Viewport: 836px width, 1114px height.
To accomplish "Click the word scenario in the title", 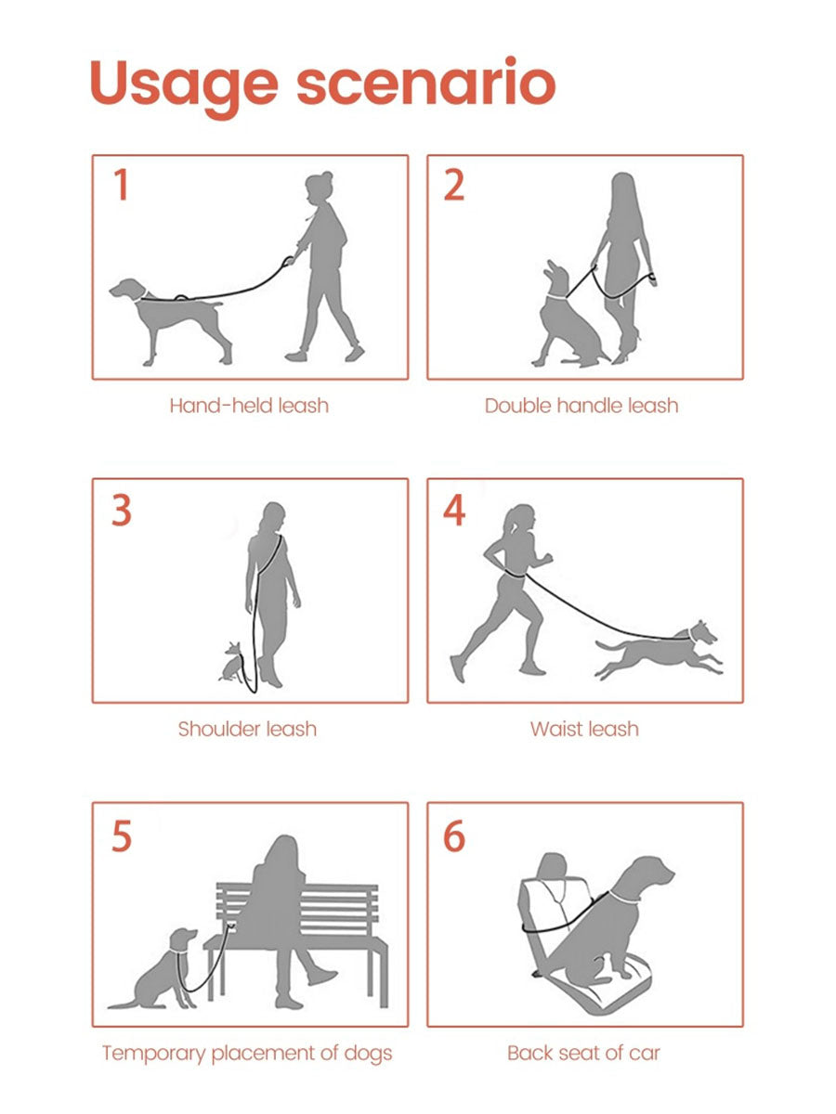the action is click(425, 81).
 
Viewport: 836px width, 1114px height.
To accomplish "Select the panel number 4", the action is click(454, 510).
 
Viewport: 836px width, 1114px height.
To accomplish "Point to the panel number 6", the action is click(454, 835).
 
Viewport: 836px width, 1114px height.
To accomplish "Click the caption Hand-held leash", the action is click(249, 406).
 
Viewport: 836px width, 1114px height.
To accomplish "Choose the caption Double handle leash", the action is click(581, 406).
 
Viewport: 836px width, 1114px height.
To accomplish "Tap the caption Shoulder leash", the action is click(247, 730).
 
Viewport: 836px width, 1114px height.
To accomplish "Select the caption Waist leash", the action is click(584, 730).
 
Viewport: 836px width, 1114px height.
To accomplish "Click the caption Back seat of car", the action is click(583, 1053).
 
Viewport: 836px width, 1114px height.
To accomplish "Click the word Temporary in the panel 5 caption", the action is click(153, 1055).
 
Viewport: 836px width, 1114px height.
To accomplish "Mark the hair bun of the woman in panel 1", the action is click(327, 176).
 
